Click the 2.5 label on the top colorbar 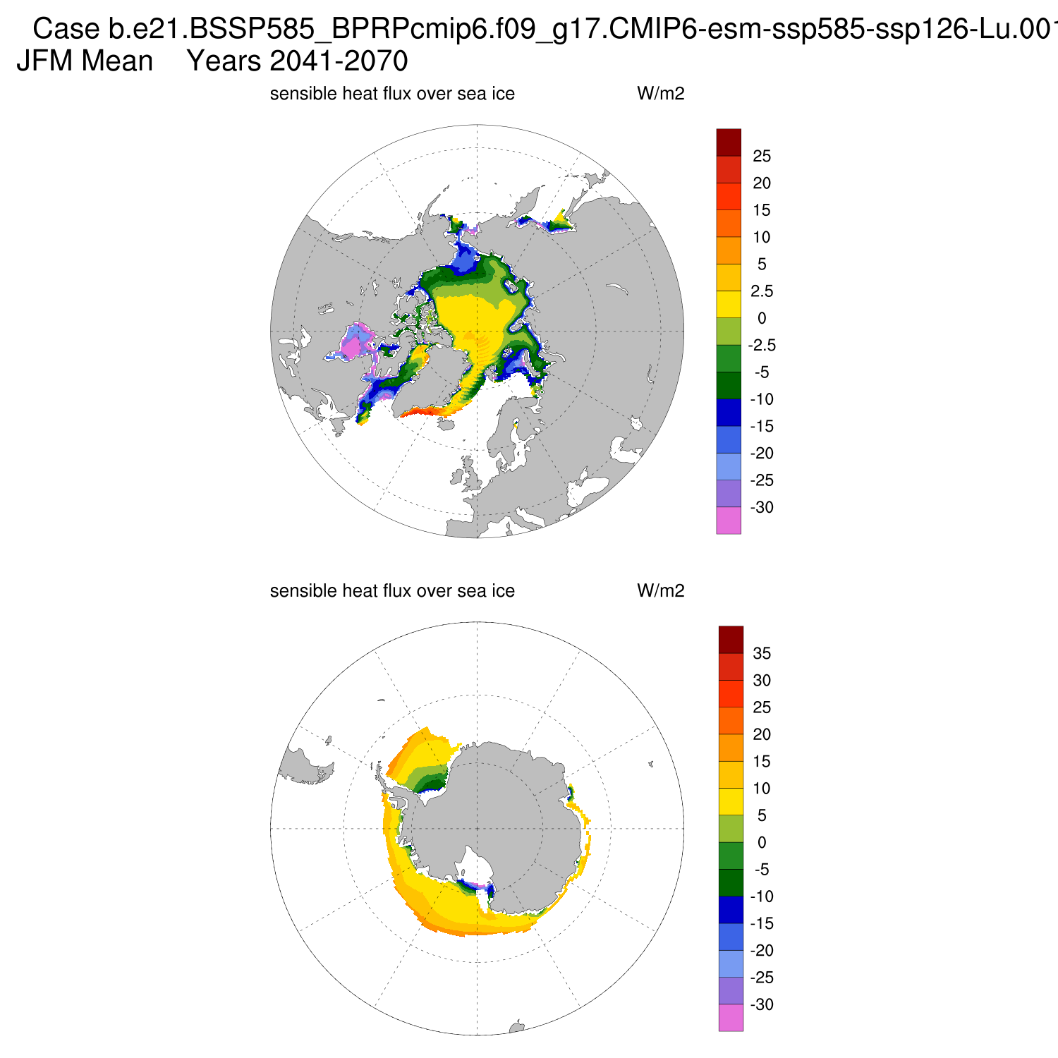coord(762,291)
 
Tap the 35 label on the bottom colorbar coord(762,654)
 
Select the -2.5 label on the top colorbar coord(762,346)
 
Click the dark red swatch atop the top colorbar coord(729,142)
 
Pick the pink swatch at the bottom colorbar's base coord(731,1018)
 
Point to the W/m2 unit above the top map coord(660,94)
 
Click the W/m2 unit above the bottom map coord(660,591)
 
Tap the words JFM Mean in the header coord(85,61)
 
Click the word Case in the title coord(66,30)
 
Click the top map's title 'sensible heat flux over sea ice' coord(392,94)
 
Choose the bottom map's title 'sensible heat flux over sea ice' coord(392,591)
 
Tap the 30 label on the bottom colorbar coord(762,681)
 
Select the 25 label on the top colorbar coord(762,157)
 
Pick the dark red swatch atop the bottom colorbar coord(731,639)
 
